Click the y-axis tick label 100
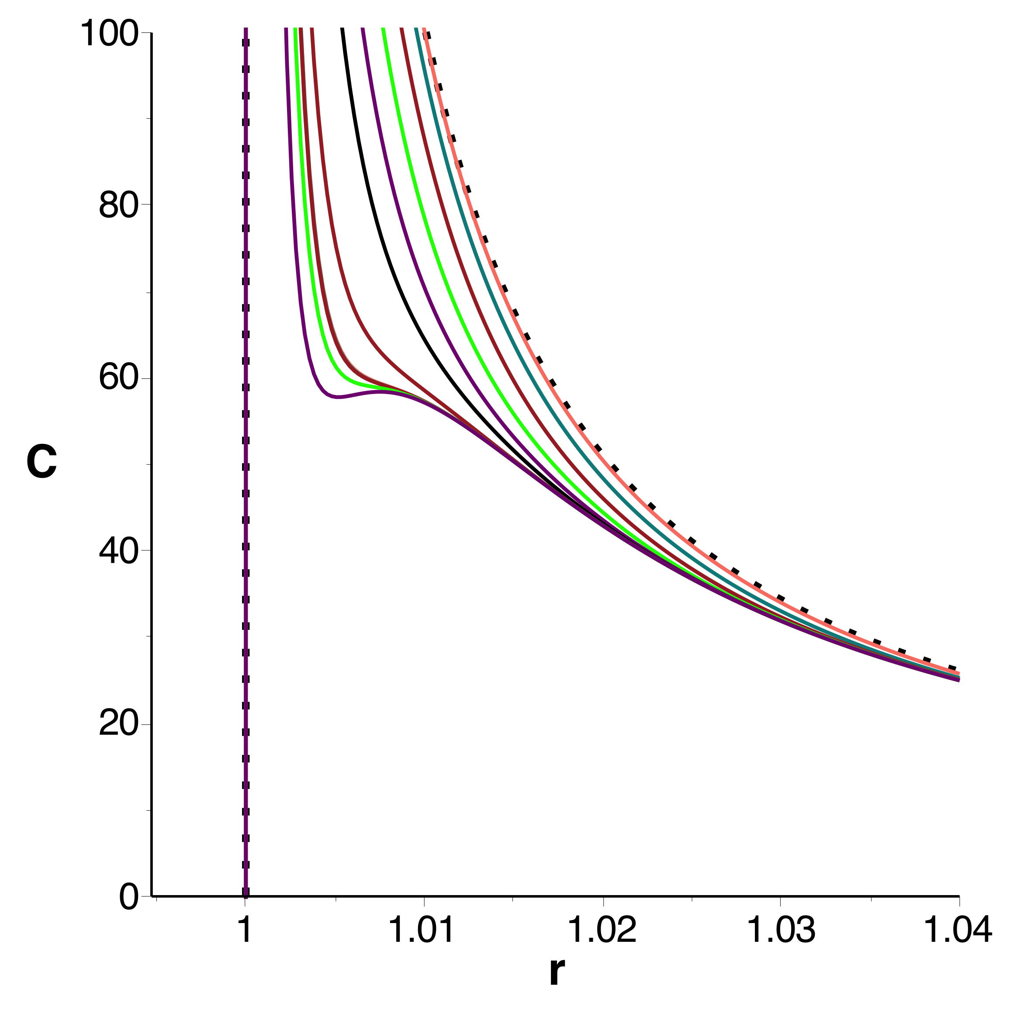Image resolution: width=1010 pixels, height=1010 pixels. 108,35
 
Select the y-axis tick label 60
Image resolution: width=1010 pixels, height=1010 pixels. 118,378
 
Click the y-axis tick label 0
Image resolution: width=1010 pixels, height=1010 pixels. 128,898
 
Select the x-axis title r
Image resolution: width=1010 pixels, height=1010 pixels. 557,973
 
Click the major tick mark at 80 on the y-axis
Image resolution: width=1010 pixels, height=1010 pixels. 147,204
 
